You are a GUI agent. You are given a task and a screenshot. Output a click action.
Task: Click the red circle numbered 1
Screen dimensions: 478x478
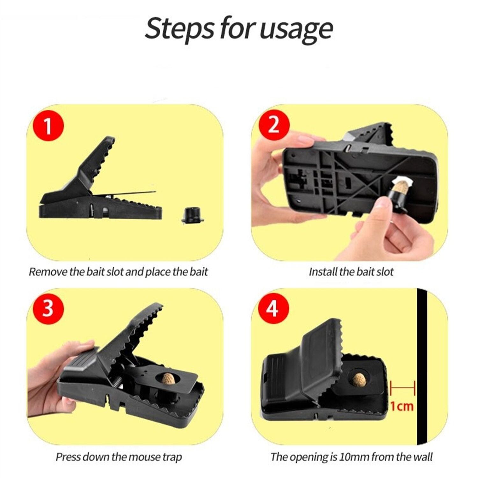coord(48,126)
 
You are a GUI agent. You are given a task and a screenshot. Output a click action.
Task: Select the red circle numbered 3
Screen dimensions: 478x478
coord(48,308)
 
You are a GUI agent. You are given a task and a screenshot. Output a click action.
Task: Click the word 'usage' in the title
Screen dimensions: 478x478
coord(296,29)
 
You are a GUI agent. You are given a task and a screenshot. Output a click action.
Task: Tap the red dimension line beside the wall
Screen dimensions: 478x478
coord(403,388)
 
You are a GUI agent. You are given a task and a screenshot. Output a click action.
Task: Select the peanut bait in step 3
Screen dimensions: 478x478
coord(168,379)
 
